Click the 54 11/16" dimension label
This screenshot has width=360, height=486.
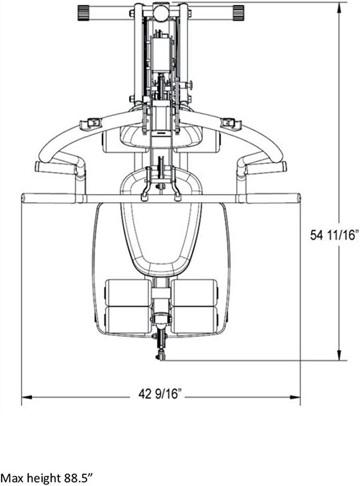(x=334, y=235)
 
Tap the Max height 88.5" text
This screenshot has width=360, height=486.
(x=46, y=477)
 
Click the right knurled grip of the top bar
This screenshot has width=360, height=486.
(x=238, y=13)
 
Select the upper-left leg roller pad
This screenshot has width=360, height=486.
(x=128, y=293)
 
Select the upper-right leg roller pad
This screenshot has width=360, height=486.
(x=194, y=293)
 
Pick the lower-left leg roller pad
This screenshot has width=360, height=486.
(x=128, y=320)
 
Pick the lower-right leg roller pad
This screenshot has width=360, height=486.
(x=194, y=320)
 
